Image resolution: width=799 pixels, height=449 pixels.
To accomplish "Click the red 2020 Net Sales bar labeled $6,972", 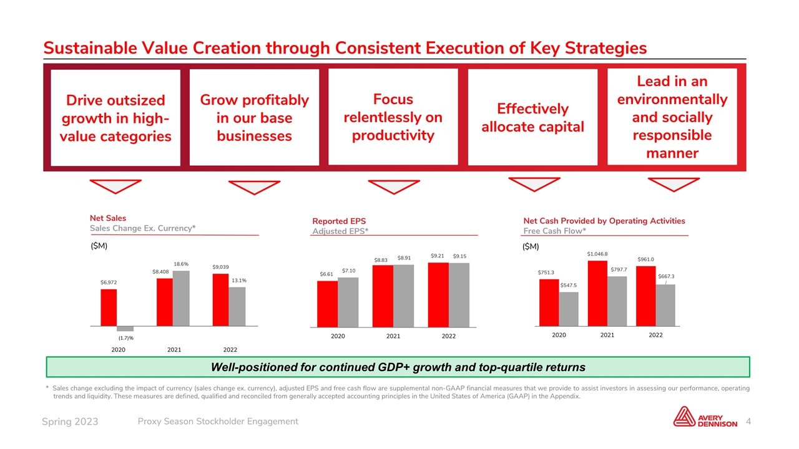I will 109,307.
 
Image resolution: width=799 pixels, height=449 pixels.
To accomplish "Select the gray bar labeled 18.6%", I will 181,298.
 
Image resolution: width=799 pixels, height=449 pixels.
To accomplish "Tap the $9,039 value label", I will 221,268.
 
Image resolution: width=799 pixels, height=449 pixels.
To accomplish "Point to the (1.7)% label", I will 126,338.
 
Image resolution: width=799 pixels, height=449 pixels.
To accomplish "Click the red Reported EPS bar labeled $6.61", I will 327,304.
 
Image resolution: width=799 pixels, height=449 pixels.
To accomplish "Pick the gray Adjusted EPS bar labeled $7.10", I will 348,302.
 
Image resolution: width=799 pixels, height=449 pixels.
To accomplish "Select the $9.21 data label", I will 437,255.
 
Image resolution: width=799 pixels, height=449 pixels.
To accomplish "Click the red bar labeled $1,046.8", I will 597,293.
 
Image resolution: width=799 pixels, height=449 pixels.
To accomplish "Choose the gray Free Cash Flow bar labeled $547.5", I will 569,309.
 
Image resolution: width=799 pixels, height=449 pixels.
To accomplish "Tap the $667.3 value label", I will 666,276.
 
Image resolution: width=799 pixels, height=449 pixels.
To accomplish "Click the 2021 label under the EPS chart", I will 393,336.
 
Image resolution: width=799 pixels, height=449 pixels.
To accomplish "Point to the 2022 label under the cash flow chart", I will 655,335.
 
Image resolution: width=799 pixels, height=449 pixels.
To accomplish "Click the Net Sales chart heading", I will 108,218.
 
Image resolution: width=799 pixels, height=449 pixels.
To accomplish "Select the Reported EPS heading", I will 339,221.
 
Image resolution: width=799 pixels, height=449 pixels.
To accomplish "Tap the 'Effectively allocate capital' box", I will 533,118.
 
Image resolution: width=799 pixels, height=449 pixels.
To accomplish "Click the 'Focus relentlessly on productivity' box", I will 393,117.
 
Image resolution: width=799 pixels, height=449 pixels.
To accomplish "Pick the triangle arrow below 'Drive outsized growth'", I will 115,186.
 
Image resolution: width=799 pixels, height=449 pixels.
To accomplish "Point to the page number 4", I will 748,422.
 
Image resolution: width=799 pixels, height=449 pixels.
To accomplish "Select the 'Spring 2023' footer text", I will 70,422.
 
